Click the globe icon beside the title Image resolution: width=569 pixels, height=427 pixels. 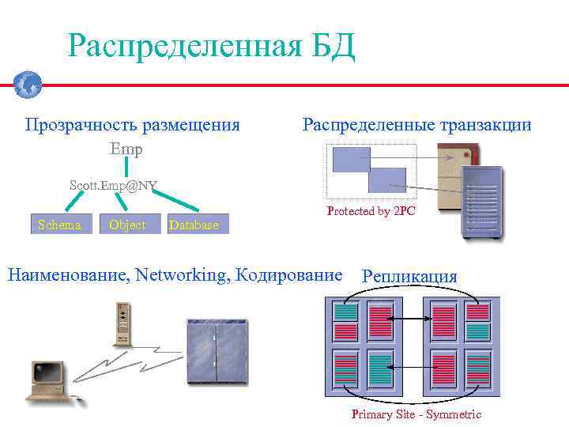click(x=28, y=83)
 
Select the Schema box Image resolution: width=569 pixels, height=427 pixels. click(x=61, y=225)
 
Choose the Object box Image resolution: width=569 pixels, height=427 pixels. click(x=127, y=225)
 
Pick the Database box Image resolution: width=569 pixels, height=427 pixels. click(x=194, y=225)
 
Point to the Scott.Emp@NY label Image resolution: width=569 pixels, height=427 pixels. click(x=113, y=186)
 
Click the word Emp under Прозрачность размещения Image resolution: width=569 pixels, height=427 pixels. click(x=126, y=149)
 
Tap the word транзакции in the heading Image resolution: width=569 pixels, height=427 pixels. click(x=484, y=125)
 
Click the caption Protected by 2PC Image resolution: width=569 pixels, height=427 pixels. click(x=371, y=212)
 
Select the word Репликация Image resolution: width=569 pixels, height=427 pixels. click(x=409, y=277)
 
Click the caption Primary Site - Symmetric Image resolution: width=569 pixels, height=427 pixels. click(x=416, y=414)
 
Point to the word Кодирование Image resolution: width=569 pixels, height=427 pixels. click(x=296, y=275)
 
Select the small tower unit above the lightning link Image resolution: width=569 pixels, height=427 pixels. click(x=122, y=323)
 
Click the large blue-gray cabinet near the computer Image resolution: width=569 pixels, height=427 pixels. click(x=216, y=351)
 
